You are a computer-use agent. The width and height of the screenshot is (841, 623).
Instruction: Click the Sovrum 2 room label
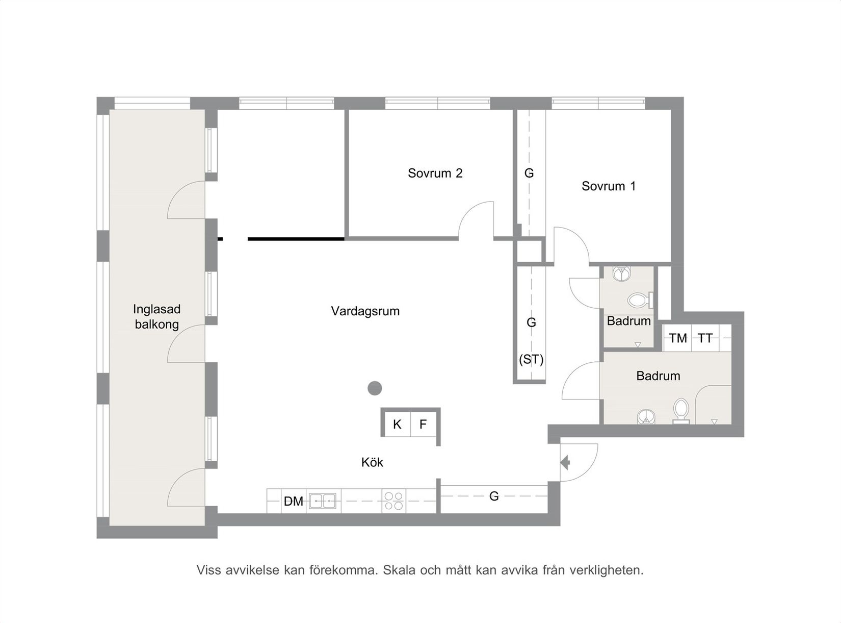[x=435, y=173]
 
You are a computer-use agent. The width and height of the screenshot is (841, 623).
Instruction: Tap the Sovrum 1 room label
[x=609, y=186]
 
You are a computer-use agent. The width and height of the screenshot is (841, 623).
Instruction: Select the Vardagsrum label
[x=365, y=311]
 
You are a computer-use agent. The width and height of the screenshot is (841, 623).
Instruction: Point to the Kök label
[x=372, y=462]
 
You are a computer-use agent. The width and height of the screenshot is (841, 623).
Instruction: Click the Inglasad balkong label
[x=156, y=317]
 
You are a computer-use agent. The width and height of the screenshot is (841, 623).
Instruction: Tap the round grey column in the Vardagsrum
[x=375, y=388]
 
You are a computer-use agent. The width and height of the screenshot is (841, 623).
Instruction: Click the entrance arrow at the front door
[x=565, y=462]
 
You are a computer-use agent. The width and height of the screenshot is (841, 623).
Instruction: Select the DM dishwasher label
[x=294, y=502]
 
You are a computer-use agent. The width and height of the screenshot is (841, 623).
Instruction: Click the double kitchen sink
[x=323, y=501]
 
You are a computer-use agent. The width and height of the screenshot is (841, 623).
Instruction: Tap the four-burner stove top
[x=393, y=501]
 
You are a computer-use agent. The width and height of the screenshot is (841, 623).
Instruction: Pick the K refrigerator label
[x=397, y=424]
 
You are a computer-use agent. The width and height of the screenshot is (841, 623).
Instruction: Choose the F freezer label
[x=423, y=424]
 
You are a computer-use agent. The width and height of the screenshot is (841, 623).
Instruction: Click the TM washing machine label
[x=678, y=338]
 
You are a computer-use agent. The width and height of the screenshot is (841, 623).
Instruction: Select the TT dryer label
[x=705, y=338]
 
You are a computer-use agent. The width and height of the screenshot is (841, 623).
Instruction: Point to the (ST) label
[x=531, y=359]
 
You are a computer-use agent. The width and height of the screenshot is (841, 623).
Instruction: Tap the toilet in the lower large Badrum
[x=681, y=411]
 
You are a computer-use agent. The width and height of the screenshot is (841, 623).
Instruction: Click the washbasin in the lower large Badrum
[x=646, y=417]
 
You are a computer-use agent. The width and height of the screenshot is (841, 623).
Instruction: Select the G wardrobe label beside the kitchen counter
[x=494, y=496]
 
